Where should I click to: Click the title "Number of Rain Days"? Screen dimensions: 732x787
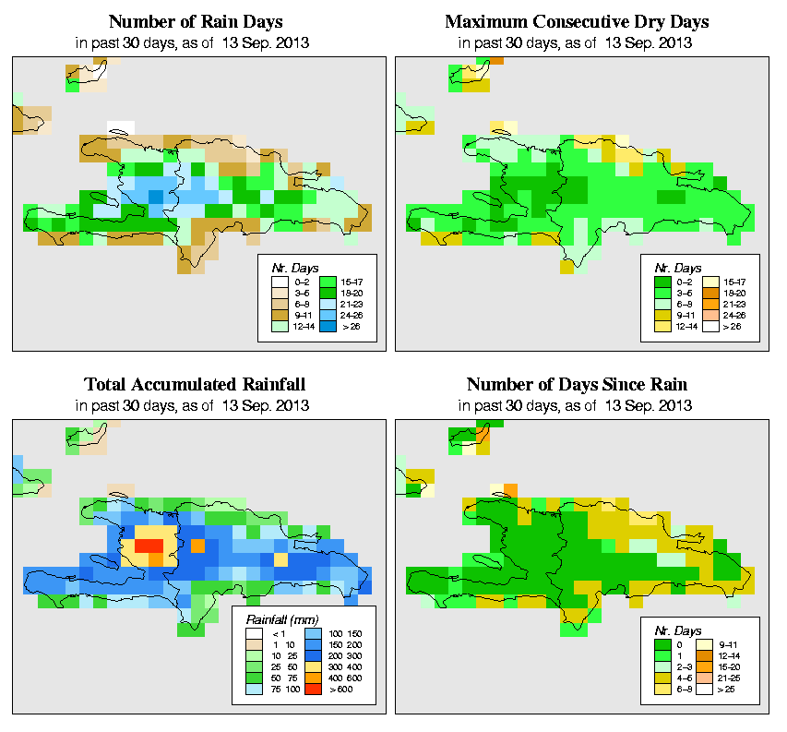[x=195, y=21]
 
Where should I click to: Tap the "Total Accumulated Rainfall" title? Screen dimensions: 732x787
[x=195, y=384]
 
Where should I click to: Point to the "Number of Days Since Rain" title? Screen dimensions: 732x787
[x=577, y=384]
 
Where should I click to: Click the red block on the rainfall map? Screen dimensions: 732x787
[x=148, y=546]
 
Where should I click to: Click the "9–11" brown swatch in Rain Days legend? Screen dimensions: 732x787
[x=278, y=313]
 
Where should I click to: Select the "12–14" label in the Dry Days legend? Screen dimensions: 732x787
[x=686, y=326]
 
